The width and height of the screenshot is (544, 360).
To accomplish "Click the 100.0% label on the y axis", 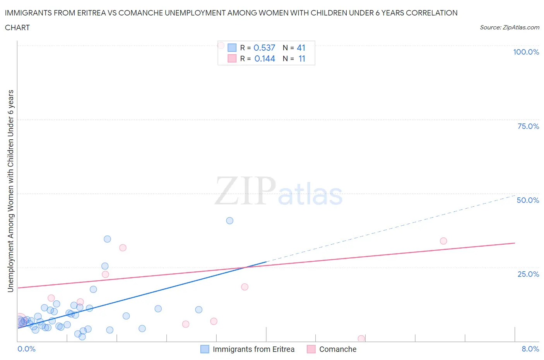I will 526,52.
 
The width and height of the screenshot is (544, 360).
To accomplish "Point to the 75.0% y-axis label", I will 528,126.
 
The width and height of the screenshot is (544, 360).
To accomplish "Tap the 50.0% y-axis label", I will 528,200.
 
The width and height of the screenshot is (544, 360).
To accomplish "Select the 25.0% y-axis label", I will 528,274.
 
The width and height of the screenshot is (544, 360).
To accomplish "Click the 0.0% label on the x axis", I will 26,349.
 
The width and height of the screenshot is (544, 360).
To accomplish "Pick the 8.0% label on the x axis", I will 530,349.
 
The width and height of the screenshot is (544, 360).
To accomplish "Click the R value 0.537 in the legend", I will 264,48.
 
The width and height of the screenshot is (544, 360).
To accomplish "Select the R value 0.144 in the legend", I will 265,58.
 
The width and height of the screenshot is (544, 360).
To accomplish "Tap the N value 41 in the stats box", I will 301,48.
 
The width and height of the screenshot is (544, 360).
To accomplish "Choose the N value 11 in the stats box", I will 302,58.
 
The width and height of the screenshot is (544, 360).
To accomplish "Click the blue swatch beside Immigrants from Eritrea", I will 205,349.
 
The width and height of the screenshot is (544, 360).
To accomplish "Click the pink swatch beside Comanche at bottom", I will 311,349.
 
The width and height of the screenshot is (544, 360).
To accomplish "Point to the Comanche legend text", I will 337,349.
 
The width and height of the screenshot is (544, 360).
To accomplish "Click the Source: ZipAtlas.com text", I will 509,27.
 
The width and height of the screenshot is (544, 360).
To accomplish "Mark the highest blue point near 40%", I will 229,221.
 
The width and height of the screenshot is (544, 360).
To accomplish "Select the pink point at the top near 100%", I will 221,45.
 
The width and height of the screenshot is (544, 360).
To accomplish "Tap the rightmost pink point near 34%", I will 443,241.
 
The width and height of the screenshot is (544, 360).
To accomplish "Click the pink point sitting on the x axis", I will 361,339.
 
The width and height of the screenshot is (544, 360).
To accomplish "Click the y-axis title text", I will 10,191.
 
